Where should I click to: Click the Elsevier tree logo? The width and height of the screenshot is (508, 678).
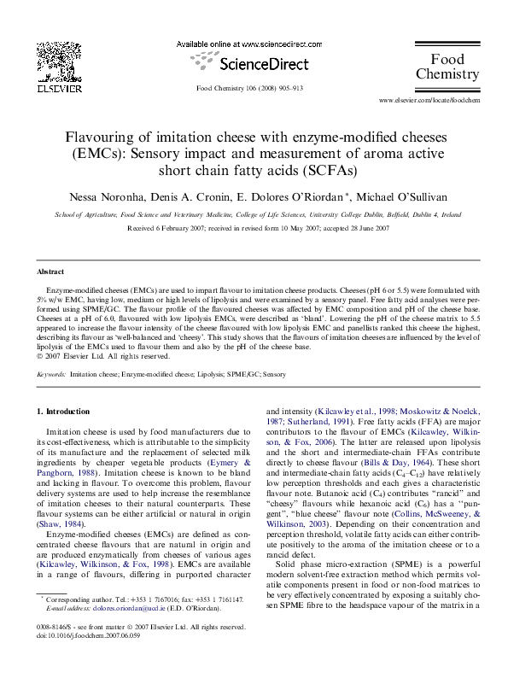coord(62,60)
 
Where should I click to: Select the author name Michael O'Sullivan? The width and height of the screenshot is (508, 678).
coord(400,196)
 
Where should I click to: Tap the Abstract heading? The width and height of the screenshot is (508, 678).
coord(50,272)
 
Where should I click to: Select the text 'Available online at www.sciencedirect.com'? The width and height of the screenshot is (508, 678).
coord(254,43)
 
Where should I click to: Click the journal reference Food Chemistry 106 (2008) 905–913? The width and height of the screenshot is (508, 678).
coord(253,88)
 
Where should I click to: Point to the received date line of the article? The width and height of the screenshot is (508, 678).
coord(254,229)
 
